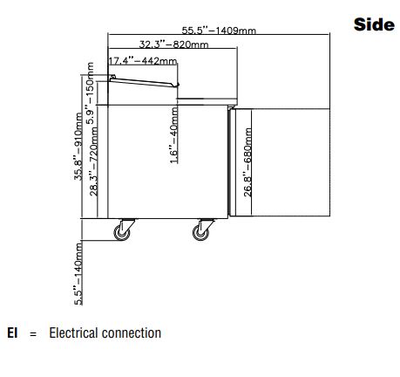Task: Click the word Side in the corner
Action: pos(374,24)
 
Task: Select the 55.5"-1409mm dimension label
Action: pos(219,31)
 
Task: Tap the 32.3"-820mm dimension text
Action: pos(173,45)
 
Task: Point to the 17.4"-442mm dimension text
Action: pos(143,61)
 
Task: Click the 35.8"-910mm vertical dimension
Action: pos(78,147)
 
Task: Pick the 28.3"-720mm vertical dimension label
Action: pos(93,161)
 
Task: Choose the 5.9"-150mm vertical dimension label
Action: pos(90,93)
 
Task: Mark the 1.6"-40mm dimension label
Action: pos(173,135)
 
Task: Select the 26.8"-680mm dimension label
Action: pos(247,162)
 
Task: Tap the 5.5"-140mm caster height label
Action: pos(78,273)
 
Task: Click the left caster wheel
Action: pos(121,232)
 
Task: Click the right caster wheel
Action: pos(200,232)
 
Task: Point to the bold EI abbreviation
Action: pos(12,333)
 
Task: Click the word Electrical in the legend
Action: pos(73,333)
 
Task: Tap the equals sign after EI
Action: pos(33,334)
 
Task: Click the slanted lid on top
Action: pos(144,82)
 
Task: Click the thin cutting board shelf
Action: pos(207,99)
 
